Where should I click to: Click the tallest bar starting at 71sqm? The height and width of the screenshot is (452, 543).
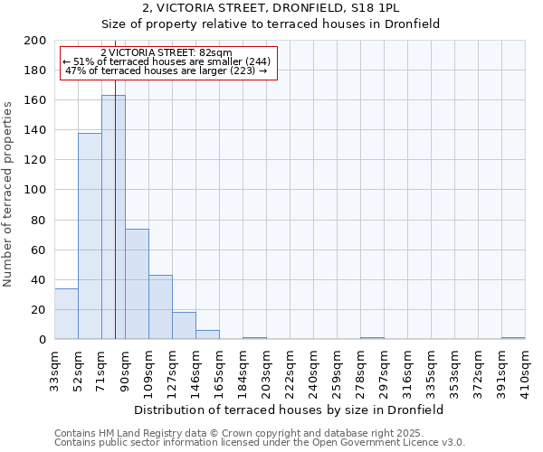point(113,217)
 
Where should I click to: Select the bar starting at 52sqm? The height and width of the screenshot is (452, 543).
point(90,236)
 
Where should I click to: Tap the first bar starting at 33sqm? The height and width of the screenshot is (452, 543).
point(66,314)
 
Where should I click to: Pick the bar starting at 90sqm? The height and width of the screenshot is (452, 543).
point(137,284)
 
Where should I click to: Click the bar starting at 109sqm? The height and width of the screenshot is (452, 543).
point(160,307)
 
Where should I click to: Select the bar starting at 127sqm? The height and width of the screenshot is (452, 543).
point(184,325)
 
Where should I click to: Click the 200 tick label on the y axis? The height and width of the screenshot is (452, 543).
point(35,41)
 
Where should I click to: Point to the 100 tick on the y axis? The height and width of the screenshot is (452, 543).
point(35,190)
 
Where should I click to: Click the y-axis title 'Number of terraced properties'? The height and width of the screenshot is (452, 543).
point(8,193)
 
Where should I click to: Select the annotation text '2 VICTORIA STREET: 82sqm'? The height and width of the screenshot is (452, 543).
point(167,53)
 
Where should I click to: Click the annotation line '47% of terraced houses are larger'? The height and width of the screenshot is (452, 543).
point(167,71)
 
